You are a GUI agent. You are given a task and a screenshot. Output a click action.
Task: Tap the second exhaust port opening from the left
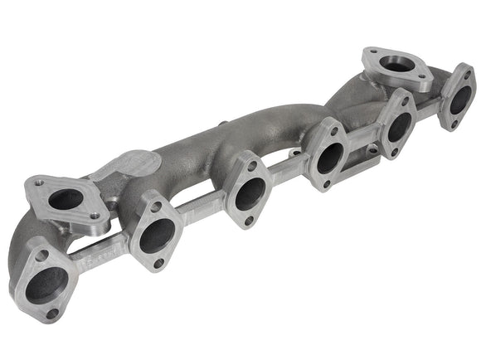click(156, 236)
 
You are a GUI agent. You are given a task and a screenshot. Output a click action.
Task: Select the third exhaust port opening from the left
click(249, 193)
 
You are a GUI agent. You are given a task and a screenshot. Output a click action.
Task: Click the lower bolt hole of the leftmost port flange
click(52, 313)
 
